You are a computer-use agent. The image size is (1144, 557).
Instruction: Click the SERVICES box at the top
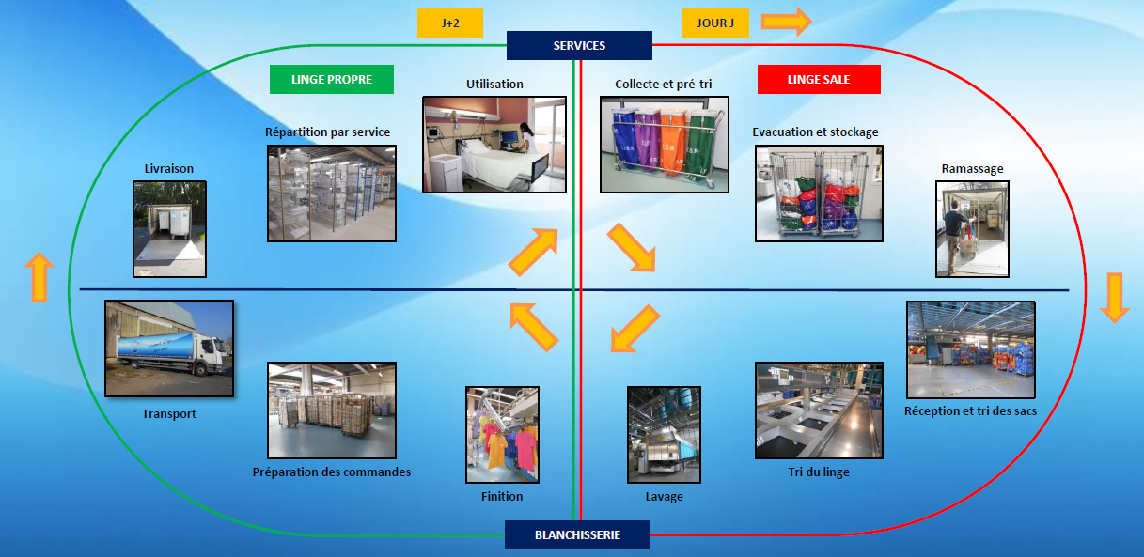pos(579,45)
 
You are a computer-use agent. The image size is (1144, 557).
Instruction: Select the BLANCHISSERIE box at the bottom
pos(577,534)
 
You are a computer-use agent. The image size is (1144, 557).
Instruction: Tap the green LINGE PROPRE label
pos(331,80)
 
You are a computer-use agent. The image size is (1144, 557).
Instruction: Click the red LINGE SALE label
pos(819,80)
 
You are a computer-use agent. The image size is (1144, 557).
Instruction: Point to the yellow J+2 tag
pos(451,23)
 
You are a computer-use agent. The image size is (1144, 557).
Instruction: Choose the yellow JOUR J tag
pos(715,23)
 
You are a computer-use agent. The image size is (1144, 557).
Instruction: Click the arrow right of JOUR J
pos(785,21)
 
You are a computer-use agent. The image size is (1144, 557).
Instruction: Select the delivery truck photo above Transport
pos(169,348)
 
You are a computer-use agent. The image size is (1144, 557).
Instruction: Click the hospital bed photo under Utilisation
pos(494,144)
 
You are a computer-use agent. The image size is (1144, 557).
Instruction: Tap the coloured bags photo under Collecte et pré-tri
pos(665,144)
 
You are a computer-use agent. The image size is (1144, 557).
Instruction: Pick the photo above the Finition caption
pos(502,435)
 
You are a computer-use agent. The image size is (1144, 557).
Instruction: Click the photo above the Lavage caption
pos(664,435)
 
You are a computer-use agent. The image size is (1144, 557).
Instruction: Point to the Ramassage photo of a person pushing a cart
pos(972,229)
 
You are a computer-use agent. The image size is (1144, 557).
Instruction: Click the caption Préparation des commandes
pos(332,472)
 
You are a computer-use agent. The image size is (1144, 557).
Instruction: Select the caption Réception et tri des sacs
pos(970,411)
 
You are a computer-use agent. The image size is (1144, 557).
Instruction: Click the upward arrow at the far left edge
pos(38,277)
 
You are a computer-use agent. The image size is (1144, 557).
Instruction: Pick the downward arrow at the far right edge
pos(1114,297)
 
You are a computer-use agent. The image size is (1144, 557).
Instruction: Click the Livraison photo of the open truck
pos(169,229)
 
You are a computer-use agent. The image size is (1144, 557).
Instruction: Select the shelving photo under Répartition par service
pos(331,193)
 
